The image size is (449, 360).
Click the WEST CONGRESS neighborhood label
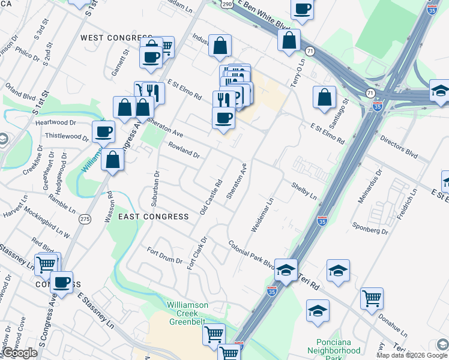click(x=116, y=38)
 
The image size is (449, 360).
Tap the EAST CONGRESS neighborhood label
click(x=153, y=216)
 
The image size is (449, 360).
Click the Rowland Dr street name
click(x=184, y=150)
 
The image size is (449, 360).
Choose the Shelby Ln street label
click(x=304, y=190)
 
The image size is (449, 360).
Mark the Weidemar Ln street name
click(x=263, y=214)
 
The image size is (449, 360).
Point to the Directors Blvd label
click(x=399, y=146)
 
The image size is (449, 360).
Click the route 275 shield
click(x=85, y=220)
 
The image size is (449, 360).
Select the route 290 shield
click(x=226, y=4)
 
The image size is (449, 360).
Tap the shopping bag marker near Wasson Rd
click(x=112, y=160)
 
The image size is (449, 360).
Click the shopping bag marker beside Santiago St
click(x=324, y=97)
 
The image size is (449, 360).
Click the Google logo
click(x=19, y=353)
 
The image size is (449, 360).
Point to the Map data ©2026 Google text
click(x=412, y=355)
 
